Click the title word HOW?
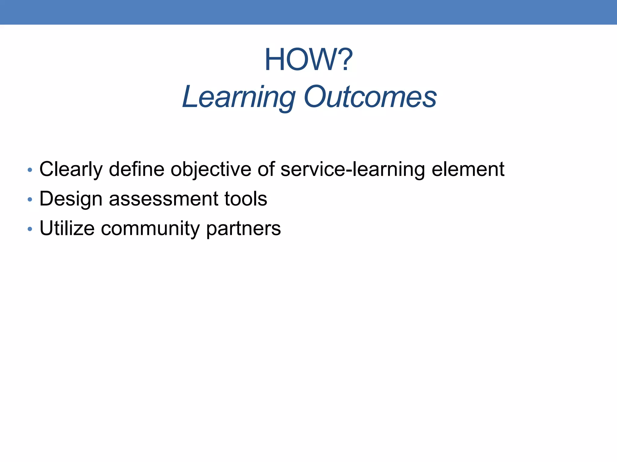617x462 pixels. click(308, 60)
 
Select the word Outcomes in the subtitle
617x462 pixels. click(370, 97)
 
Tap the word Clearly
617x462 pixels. click(71, 169)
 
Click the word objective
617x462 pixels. click(211, 169)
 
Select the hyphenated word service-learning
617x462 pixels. click(352, 169)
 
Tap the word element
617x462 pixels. click(468, 169)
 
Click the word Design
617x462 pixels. click(71, 199)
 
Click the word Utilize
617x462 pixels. click(67, 228)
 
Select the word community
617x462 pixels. click(150, 228)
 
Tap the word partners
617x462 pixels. click(243, 228)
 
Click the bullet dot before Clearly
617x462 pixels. click(30, 170)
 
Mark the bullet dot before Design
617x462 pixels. click(30, 199)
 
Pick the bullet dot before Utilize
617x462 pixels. click(30, 229)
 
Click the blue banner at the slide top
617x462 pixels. click(308, 12)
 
